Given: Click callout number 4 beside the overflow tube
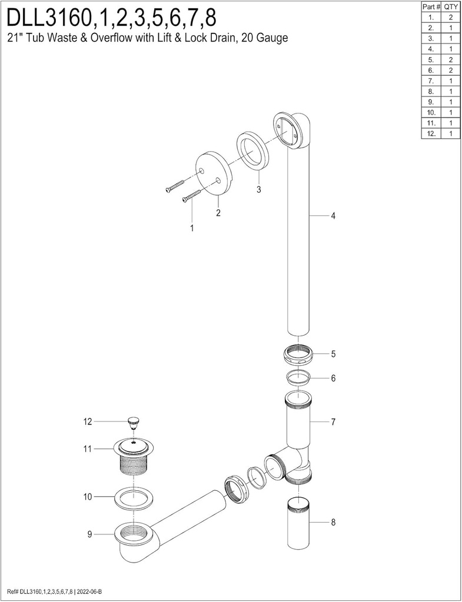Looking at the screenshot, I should coord(333,216).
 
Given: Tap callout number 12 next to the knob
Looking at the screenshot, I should coord(88,421).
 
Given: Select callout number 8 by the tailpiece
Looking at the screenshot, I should coord(333,521).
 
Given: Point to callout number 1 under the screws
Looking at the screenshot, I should coord(191,228).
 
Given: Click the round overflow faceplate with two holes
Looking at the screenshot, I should coord(212,174).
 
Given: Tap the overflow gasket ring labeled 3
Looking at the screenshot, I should coord(254,155).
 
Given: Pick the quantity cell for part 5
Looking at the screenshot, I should coord(451,59).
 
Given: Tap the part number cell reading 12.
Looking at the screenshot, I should coord(431,133).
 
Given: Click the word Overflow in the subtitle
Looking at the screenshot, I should coord(104,39).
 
